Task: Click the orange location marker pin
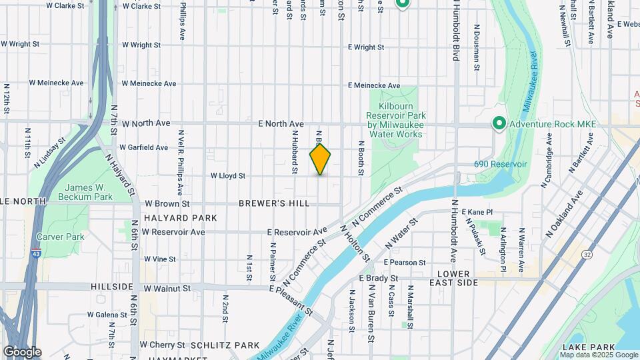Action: coord(320,159)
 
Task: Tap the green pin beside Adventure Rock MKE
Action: coord(498,123)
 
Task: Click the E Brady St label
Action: coord(379,278)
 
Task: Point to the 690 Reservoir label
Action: coord(501,164)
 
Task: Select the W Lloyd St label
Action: coord(229,176)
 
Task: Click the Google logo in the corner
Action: coord(22,351)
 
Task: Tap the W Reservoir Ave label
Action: coord(173,232)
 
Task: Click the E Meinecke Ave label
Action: coord(375,85)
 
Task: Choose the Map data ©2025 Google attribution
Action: coord(599,355)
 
